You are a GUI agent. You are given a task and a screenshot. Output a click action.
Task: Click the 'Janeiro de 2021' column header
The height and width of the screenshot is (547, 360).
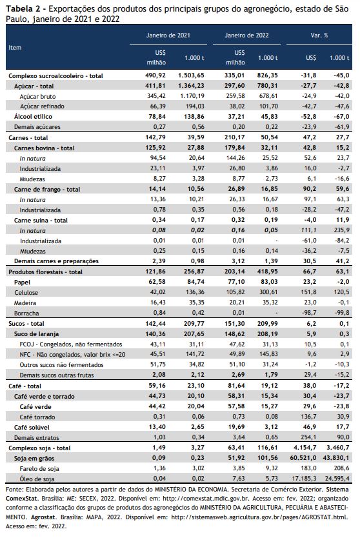click(168, 35)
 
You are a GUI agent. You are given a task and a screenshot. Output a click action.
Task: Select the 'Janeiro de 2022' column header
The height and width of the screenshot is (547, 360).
click(246, 35)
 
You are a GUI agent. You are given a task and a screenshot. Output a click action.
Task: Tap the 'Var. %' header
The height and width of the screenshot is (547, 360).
click(319, 35)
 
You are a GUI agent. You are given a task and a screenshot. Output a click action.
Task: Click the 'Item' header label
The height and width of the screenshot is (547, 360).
click(15, 48)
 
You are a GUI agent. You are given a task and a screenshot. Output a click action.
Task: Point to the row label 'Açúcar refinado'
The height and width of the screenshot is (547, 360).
click(42, 106)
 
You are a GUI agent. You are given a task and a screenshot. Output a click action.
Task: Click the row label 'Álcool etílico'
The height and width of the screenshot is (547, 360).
click(33, 117)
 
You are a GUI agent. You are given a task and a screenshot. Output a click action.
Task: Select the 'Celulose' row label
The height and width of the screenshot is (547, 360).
click(26, 292)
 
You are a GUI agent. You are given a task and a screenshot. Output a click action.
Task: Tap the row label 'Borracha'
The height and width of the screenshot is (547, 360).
click(26, 313)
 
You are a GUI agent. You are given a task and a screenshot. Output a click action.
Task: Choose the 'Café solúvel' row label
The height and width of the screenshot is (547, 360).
click(32, 427)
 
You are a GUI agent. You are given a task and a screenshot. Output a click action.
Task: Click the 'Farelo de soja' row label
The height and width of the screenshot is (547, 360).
click(39, 468)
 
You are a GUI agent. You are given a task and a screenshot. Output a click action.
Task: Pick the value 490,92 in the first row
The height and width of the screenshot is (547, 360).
click(155, 75)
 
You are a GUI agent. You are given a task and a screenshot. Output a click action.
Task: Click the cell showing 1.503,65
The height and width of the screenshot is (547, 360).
click(191, 75)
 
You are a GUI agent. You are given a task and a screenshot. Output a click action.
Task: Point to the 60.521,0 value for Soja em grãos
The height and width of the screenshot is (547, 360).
click(303, 458)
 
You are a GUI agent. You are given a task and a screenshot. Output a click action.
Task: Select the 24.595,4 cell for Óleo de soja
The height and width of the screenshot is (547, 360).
click(336, 478)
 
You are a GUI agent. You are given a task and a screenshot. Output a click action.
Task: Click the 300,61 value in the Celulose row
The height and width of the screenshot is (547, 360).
click(268, 292)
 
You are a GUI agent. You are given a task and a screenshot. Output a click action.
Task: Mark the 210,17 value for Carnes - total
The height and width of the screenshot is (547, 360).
click(234, 137)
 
